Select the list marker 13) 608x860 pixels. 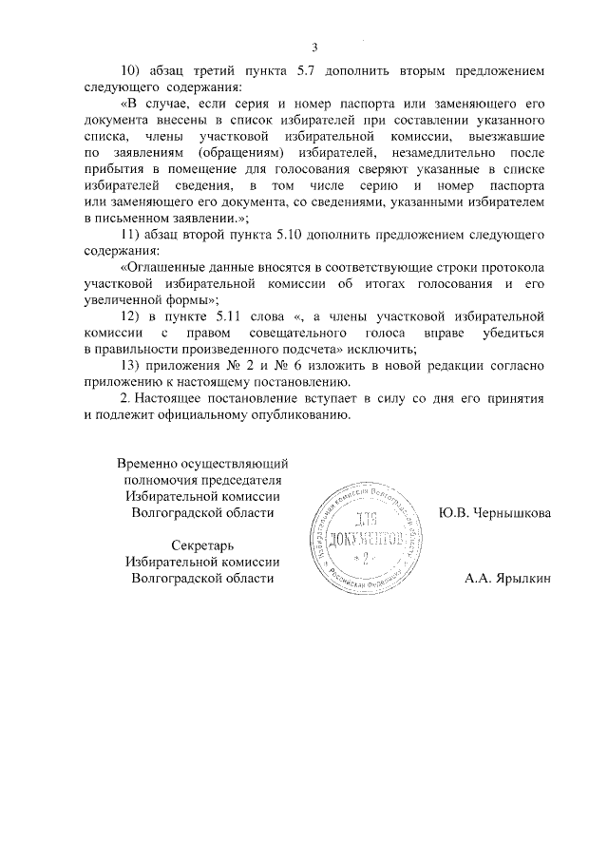132,383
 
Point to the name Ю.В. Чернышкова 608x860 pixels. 494,513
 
